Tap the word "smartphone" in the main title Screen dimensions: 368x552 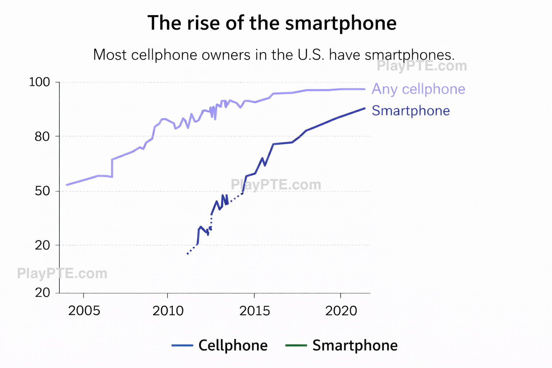[341, 23]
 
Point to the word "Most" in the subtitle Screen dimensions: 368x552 [110, 55]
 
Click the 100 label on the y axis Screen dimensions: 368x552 [39, 82]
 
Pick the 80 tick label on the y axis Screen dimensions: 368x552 [42, 137]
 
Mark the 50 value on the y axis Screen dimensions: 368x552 [42, 191]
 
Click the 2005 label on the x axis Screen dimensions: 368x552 [84, 310]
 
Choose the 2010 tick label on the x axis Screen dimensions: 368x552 [168, 310]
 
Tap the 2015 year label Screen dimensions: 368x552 [254, 310]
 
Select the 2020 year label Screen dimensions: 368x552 [341, 310]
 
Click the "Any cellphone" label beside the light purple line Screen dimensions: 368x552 [418, 89]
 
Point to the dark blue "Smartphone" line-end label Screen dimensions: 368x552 [410, 111]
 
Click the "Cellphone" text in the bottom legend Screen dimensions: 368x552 [233, 345]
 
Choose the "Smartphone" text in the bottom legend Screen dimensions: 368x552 [355, 345]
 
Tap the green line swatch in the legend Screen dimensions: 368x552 [296, 346]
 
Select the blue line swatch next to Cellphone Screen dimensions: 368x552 [182, 346]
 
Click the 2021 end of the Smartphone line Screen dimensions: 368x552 [364, 108]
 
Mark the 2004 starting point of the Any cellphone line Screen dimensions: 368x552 [67, 185]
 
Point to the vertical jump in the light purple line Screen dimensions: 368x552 [112, 168]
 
